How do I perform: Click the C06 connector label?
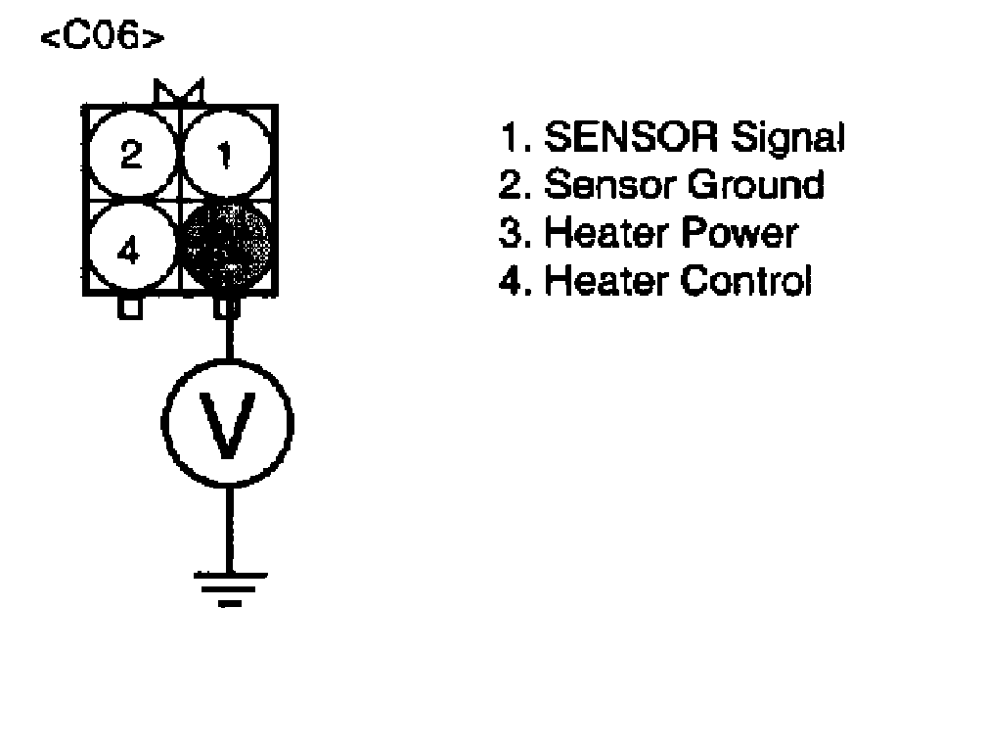(x=101, y=40)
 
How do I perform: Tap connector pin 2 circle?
(x=131, y=156)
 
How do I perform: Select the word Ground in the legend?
(x=755, y=185)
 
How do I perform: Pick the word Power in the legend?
(x=741, y=233)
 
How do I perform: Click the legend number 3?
(x=510, y=233)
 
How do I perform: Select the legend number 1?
(x=510, y=139)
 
